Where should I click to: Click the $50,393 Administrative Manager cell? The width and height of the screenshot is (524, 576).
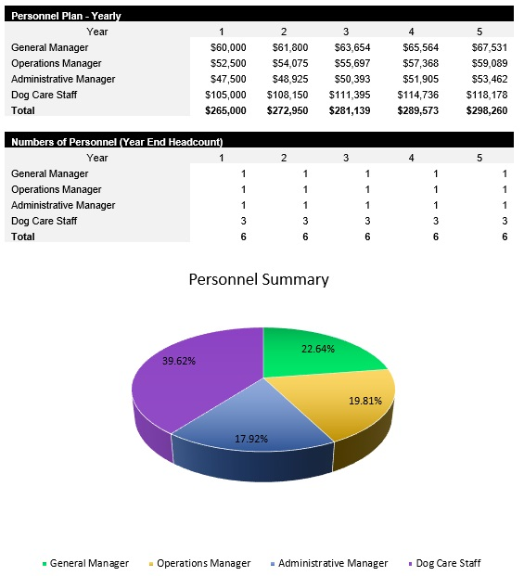pos(350,79)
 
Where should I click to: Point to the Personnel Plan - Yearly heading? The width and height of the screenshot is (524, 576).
pos(66,16)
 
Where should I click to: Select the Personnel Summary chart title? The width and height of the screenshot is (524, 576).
pos(259,279)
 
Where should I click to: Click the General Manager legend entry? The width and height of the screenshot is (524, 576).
pos(89,563)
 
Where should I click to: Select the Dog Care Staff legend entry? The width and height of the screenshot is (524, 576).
pos(448,563)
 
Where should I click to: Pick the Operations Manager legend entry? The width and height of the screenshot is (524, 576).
pos(203,563)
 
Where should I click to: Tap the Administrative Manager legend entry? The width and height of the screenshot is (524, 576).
pos(333,563)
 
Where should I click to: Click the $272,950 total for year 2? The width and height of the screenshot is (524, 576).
pos(287,110)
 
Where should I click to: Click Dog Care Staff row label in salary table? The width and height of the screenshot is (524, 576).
pos(44,95)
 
